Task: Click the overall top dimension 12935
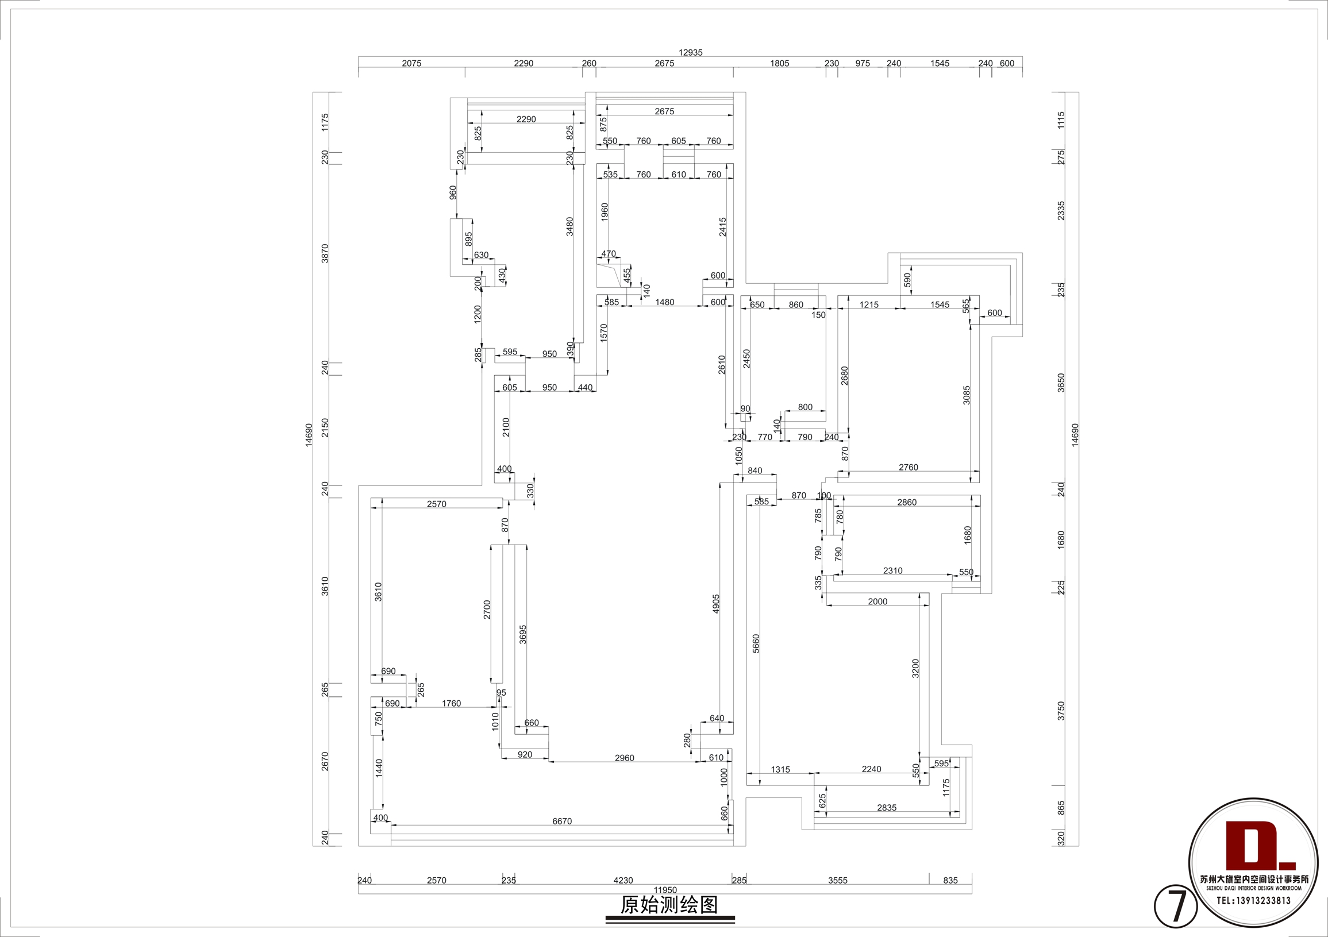[691, 53]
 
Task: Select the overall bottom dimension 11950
[665, 890]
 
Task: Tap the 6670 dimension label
[562, 822]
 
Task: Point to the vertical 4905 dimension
[716, 604]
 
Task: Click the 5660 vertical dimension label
[756, 644]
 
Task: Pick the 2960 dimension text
[625, 758]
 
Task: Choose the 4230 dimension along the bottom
[623, 881]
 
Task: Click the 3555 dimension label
[837, 881]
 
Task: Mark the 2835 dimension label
[887, 808]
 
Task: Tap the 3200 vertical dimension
[915, 669]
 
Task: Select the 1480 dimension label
[665, 303]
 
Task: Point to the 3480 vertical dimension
[569, 226]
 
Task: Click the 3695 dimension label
[523, 634]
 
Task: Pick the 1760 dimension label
[452, 704]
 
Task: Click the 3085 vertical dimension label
[967, 395]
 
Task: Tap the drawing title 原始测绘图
[670, 905]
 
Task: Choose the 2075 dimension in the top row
[412, 64]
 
